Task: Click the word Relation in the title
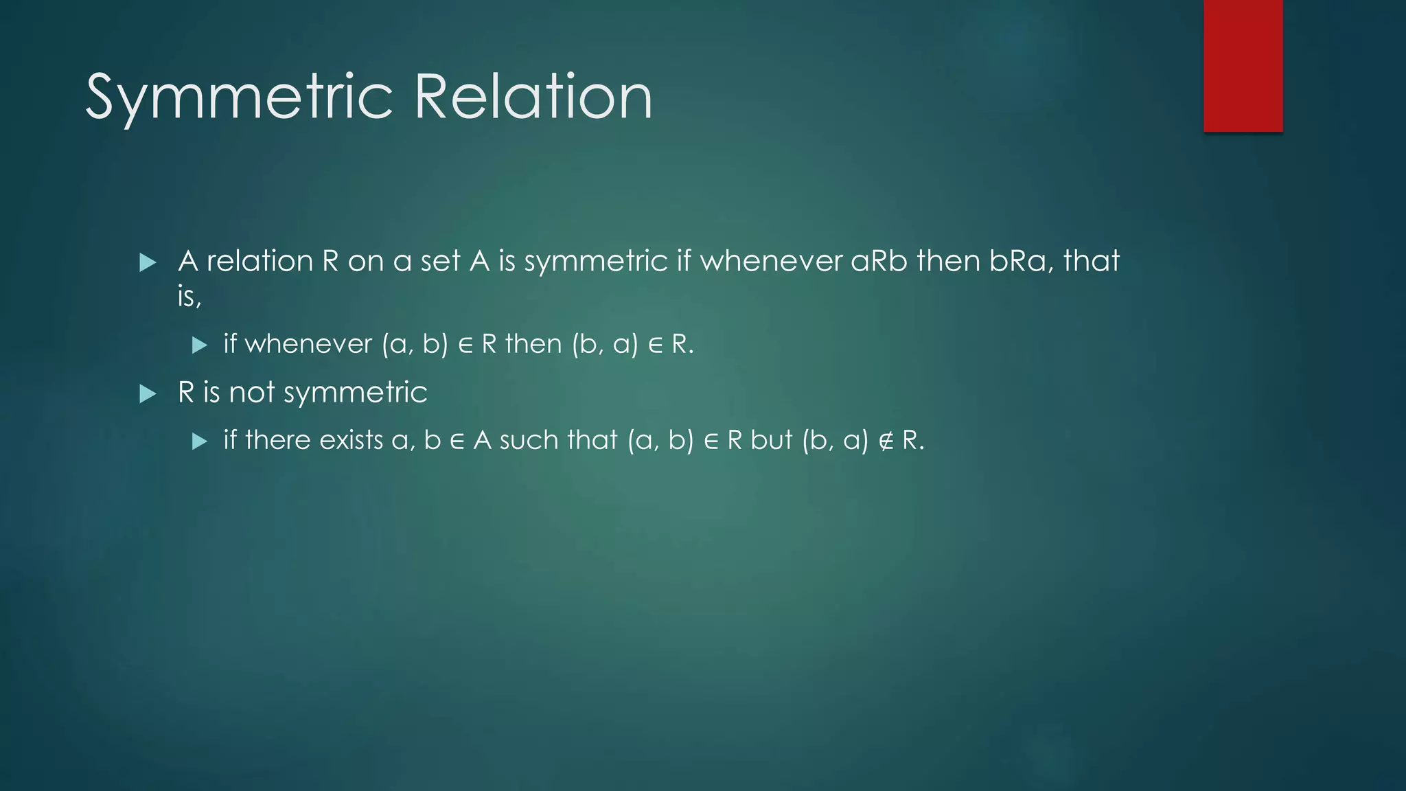(x=533, y=97)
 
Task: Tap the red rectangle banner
(x=1243, y=66)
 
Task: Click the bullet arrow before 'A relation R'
(x=148, y=262)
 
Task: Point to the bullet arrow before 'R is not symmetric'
(x=148, y=393)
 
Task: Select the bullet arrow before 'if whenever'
(x=200, y=345)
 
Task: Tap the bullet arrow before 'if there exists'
(x=200, y=441)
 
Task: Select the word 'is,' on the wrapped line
(x=189, y=297)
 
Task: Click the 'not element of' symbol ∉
(x=886, y=441)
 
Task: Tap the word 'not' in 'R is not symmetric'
(x=251, y=393)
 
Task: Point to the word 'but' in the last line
(x=772, y=440)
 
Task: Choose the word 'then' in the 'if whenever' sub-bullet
(x=533, y=344)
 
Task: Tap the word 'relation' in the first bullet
(x=260, y=261)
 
